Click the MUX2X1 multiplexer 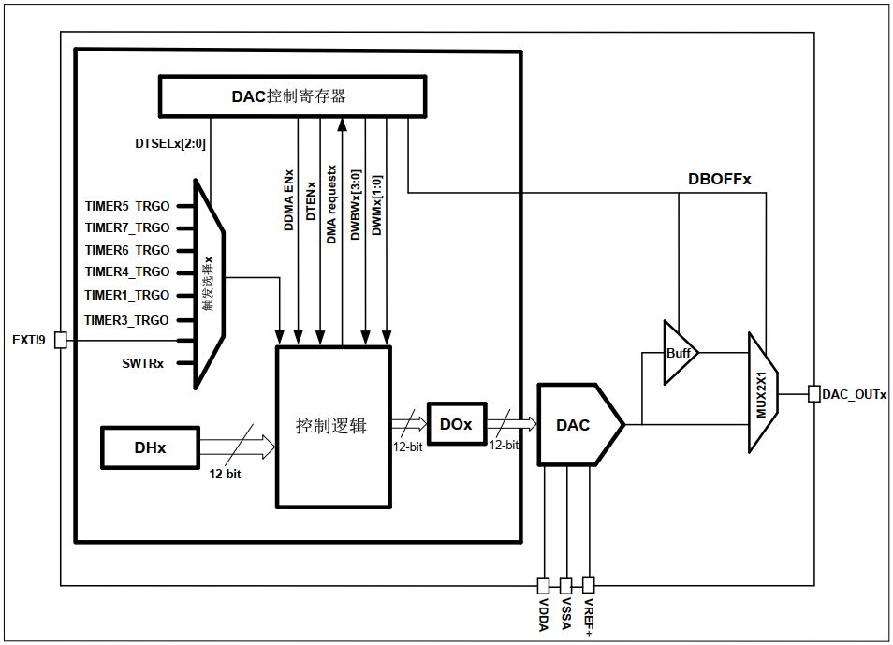coord(763,393)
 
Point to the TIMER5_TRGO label coord(127,206)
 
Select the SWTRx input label coord(143,363)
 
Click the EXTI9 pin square coord(60,340)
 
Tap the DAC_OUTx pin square coord(814,394)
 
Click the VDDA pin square coord(543,585)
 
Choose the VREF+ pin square coord(588,584)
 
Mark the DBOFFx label coord(719,179)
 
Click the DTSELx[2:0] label coord(170,143)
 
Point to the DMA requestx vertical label coord(331,205)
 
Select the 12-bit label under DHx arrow coord(225,474)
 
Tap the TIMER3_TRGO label coord(126,320)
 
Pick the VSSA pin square coord(565,585)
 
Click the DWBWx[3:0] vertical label coord(356,205)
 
